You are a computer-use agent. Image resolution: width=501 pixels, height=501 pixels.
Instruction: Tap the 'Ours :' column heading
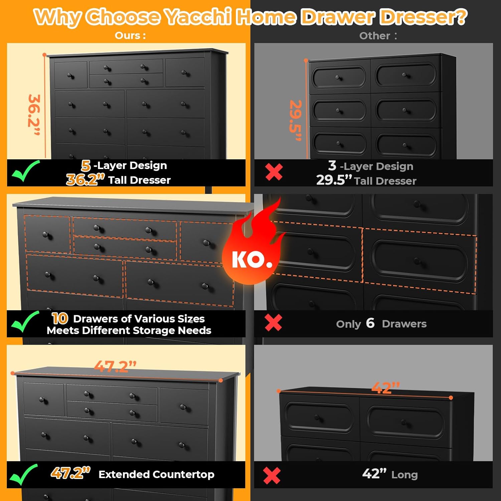(130, 35)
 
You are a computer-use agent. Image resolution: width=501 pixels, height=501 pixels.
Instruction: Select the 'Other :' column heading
(378, 36)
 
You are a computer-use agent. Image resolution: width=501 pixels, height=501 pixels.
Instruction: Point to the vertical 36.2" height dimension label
(34, 115)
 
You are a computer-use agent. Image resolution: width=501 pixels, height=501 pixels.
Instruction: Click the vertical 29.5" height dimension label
(296, 120)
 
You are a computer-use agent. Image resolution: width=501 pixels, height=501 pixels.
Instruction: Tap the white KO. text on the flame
(252, 260)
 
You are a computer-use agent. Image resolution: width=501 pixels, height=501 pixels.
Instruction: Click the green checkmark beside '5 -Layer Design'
(25, 171)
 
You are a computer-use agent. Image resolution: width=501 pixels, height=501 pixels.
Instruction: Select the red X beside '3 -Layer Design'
(274, 172)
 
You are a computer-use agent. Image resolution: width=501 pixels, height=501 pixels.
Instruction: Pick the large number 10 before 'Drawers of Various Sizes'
(60, 318)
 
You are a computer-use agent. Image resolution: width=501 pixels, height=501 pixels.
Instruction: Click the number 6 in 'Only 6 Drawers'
(370, 323)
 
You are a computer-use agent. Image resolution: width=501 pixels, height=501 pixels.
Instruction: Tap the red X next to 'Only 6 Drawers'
(273, 323)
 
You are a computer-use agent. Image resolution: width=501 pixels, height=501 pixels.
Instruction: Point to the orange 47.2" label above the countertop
(115, 366)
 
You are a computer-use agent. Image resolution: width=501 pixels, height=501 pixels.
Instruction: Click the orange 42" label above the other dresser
(386, 388)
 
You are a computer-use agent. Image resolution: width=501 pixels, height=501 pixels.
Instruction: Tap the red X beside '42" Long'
(272, 476)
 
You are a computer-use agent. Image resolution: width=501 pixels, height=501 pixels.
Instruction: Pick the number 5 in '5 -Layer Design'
(86, 165)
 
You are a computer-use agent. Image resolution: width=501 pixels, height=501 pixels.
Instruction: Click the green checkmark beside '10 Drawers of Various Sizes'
(25, 321)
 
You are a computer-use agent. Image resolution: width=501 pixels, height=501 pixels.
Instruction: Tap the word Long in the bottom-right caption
(404, 475)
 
